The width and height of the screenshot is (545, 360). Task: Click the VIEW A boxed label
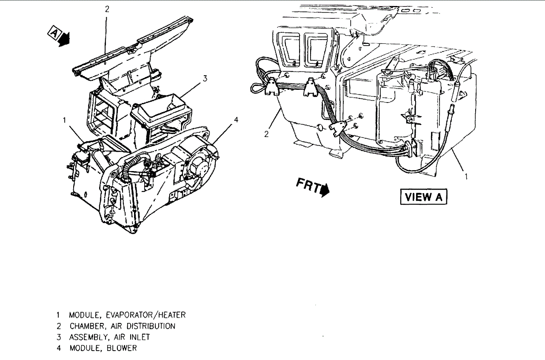424,197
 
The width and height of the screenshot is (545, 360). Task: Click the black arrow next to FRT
325,190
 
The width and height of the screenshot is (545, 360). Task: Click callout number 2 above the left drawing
107,9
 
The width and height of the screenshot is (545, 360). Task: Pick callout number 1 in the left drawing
64,120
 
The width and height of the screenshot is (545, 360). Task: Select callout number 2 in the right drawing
266,134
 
